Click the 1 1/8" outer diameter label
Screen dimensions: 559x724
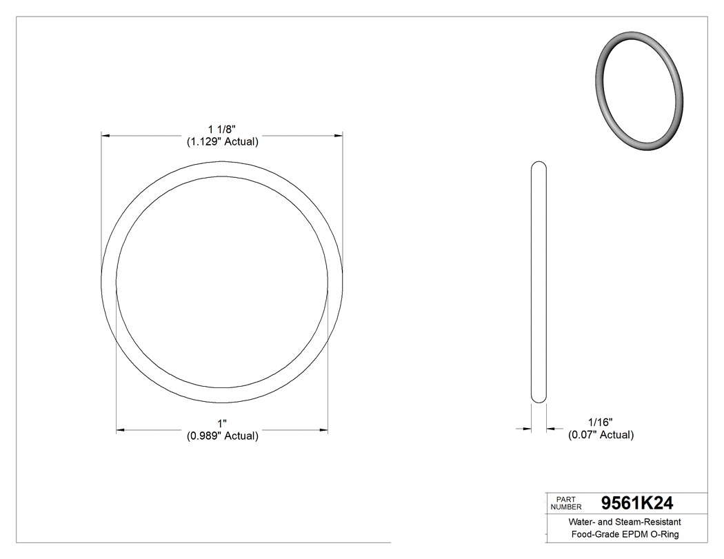click(222, 129)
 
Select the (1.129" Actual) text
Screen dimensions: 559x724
click(222, 142)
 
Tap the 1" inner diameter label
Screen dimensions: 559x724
click(222, 423)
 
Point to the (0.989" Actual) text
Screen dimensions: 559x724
click(222, 436)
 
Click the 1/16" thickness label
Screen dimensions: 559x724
click(600, 422)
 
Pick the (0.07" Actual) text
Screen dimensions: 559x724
click(601, 435)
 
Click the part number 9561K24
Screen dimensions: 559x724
click(637, 503)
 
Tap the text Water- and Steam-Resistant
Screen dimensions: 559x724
click(625, 522)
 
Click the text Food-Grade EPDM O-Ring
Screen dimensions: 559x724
click(625, 535)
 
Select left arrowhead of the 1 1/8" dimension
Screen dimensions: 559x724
click(106, 136)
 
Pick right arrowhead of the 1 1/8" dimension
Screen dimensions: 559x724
click(339, 136)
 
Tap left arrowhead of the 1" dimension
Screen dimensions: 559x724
click(121, 430)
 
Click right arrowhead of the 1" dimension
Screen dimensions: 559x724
click(323, 430)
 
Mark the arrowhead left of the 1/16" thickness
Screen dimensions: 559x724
click(527, 429)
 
